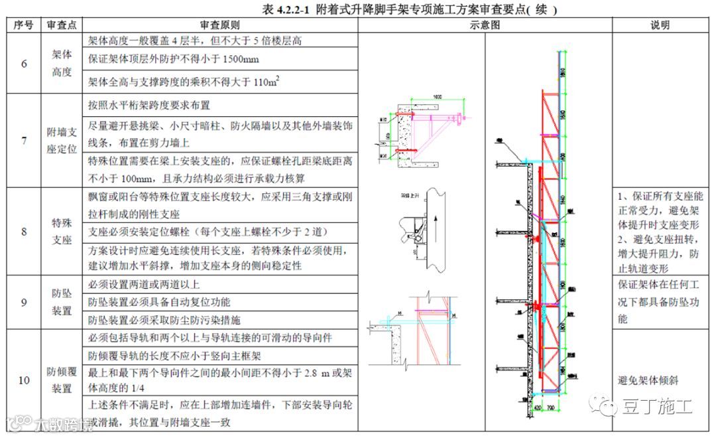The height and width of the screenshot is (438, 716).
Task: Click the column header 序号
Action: (x=24, y=25)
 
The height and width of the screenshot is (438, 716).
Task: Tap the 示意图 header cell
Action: (x=485, y=25)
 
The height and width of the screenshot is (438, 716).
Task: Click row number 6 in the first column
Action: (x=24, y=64)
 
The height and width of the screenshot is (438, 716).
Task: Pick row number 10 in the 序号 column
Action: (x=24, y=380)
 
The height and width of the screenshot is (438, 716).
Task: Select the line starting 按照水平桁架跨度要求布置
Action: (x=149, y=105)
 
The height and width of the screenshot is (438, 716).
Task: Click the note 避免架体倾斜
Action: (x=648, y=380)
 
